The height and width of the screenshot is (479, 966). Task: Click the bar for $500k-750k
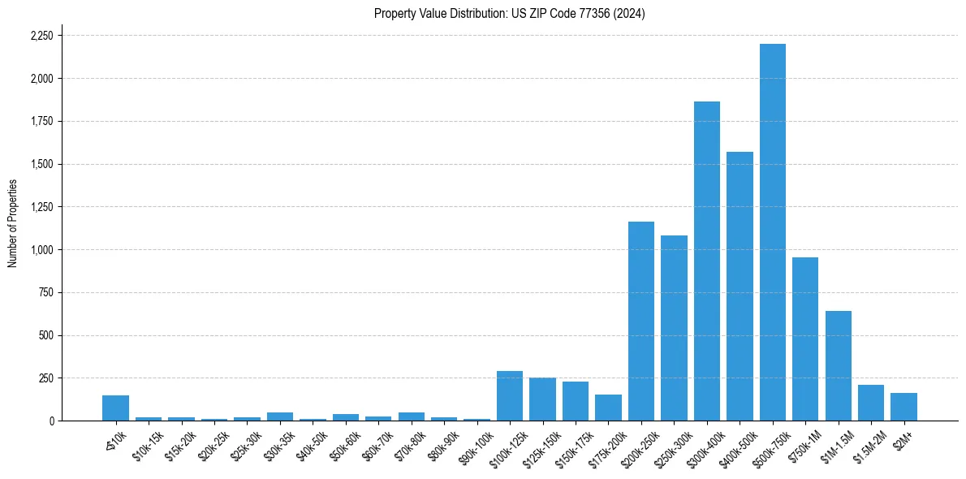(772, 232)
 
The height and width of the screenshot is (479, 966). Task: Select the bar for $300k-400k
(706, 261)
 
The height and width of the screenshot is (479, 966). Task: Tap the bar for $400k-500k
(740, 286)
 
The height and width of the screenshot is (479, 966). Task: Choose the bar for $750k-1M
(805, 339)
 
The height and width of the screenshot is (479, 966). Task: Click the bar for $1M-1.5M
(838, 366)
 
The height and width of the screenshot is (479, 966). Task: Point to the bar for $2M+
(903, 407)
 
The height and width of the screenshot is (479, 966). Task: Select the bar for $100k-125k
(510, 396)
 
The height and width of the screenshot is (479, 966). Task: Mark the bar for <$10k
(115, 408)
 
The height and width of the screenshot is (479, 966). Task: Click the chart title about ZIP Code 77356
(509, 14)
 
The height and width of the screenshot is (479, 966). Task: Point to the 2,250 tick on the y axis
(41, 36)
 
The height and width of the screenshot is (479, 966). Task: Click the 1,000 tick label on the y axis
(41, 250)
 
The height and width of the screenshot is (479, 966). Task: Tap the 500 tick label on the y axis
(46, 335)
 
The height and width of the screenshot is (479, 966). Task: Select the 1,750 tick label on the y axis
(41, 122)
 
